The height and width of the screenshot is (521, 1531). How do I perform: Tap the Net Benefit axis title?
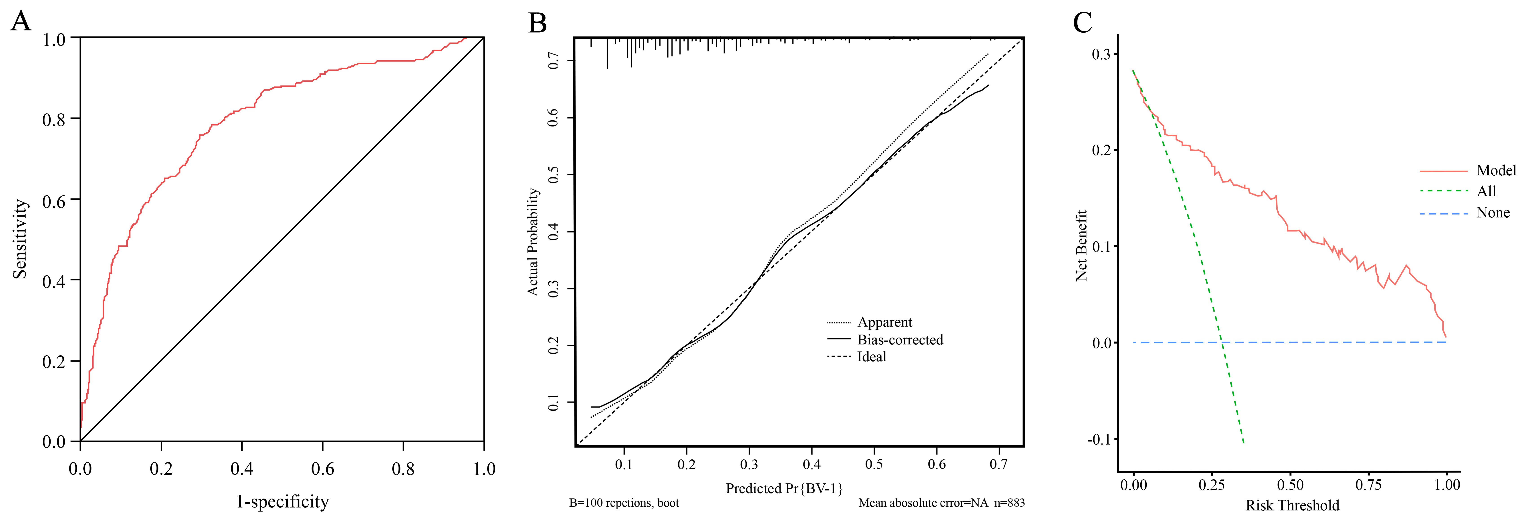coord(1082,245)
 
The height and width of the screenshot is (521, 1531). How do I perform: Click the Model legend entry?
coord(1496,171)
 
